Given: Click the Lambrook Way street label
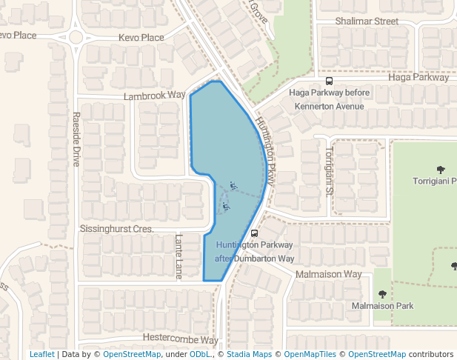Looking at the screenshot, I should (154, 96).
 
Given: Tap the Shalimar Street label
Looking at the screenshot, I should (367, 21).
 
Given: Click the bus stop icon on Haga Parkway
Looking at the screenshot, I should (329, 81).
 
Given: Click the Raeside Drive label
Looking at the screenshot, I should (76, 139).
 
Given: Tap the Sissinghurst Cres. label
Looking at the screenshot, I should (116, 229).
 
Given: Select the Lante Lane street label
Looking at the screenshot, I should (179, 256).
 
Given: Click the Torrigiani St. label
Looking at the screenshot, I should (327, 170).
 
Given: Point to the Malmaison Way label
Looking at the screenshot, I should (328, 274).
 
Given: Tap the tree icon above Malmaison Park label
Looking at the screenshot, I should (382, 294).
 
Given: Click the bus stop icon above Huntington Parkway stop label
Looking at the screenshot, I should (255, 233).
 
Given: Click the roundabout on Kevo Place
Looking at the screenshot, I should (76, 38).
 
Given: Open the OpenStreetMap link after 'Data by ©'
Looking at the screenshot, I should (132, 354).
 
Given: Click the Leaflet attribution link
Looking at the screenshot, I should (41, 354).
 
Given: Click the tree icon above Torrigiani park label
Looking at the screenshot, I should (441, 170).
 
